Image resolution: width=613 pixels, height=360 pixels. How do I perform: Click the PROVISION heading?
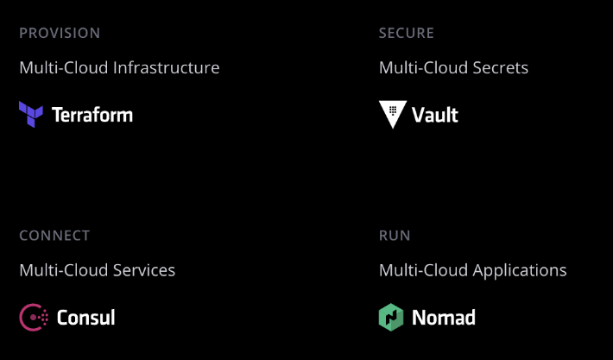(60, 33)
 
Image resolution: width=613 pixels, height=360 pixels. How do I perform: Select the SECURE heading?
(407, 33)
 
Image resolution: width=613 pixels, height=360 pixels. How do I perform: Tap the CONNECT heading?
(54, 236)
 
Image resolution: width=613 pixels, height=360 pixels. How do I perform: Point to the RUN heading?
(395, 236)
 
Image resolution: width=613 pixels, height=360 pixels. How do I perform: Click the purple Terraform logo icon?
(31, 114)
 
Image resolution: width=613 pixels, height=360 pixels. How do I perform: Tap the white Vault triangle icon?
(392, 114)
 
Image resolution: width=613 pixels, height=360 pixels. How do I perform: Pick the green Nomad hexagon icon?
(391, 317)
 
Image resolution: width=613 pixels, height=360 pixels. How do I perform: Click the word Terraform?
(92, 115)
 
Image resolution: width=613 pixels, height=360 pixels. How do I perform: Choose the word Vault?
(435, 115)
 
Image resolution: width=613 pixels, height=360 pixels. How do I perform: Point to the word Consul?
(85, 318)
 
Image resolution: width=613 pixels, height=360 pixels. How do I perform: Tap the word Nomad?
(444, 318)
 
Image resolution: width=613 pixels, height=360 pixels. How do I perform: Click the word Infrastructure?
(167, 67)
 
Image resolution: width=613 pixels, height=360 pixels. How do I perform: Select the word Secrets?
(500, 67)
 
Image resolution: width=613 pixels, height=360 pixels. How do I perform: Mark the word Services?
(144, 270)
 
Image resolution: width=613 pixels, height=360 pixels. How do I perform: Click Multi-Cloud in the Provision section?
(64, 67)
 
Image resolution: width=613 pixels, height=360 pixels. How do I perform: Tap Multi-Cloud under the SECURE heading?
(423, 67)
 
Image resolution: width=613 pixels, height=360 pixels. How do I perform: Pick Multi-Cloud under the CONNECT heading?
(64, 270)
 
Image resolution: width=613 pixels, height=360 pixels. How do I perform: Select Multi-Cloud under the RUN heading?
(423, 270)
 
